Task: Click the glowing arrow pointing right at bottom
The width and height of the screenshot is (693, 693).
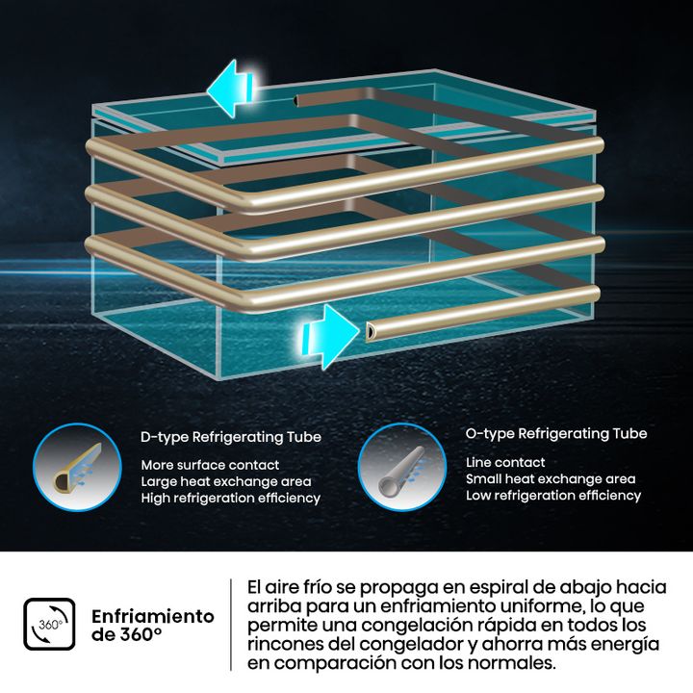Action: tap(330, 336)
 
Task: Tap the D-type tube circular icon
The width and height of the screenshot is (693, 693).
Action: tap(77, 467)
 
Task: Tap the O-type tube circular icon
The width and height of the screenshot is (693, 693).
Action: tap(402, 467)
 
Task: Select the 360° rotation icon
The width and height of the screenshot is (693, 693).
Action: tap(49, 624)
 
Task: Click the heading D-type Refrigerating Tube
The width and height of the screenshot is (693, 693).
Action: tap(231, 437)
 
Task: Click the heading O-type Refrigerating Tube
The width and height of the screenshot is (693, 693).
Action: tap(556, 433)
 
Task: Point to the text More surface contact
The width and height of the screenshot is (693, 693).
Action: tap(210, 465)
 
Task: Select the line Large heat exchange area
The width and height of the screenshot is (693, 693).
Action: tap(226, 481)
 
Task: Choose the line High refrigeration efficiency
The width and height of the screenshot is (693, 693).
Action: tap(231, 499)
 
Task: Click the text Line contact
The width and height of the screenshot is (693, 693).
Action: tap(505, 462)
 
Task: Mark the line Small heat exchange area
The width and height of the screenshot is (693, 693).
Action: tap(551, 478)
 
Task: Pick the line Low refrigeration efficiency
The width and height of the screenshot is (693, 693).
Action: tap(553, 496)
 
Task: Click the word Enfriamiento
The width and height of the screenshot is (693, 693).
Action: tap(153, 616)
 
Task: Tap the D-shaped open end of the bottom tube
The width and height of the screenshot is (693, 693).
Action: tap(370, 331)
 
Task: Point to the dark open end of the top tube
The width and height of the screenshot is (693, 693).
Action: tap(296, 101)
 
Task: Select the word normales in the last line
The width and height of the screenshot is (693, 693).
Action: tap(511, 663)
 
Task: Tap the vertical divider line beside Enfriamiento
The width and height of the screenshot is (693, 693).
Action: tap(231, 624)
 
